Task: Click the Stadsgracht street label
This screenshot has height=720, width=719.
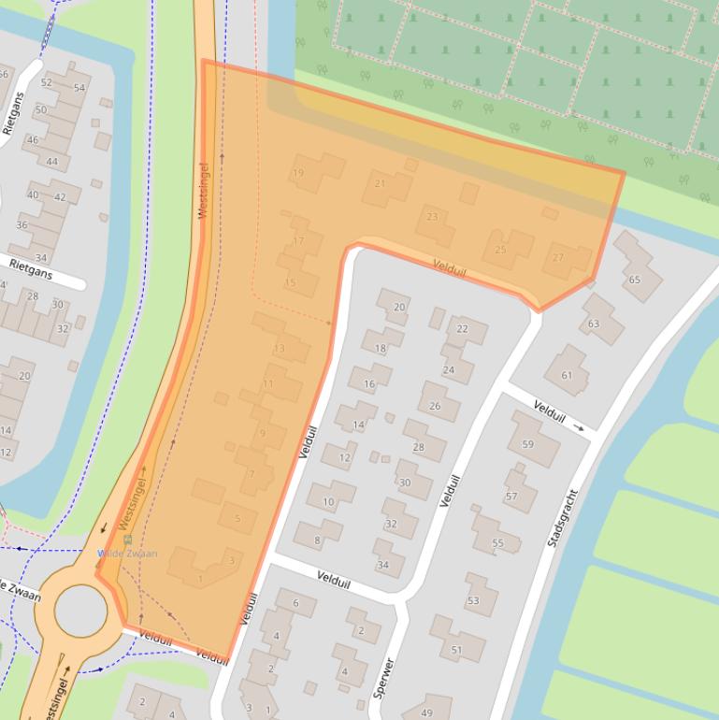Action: [x=558, y=517]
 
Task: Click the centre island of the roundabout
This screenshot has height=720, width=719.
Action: [x=80, y=610]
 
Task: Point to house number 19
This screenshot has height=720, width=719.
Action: [x=298, y=173]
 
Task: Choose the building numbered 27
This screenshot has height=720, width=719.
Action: [x=558, y=258]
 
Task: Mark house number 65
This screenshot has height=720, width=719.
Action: [x=635, y=280]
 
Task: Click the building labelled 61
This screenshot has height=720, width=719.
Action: [x=567, y=375]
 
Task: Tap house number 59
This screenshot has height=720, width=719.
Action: [x=527, y=444]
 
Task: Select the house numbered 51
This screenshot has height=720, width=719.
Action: [x=456, y=650]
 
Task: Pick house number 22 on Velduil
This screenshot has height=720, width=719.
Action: [x=463, y=329]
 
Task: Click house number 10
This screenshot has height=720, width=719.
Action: [x=328, y=502]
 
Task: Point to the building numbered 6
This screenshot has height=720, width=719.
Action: [x=295, y=604]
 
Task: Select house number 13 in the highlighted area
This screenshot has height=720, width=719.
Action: [x=279, y=349]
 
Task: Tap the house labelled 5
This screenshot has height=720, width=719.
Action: [x=238, y=519]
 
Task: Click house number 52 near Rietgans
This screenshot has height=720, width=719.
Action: [x=47, y=83]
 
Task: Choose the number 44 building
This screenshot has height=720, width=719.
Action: [x=52, y=162]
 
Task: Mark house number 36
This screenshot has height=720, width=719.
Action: [x=22, y=225]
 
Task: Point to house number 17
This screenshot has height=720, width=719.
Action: [x=299, y=241]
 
